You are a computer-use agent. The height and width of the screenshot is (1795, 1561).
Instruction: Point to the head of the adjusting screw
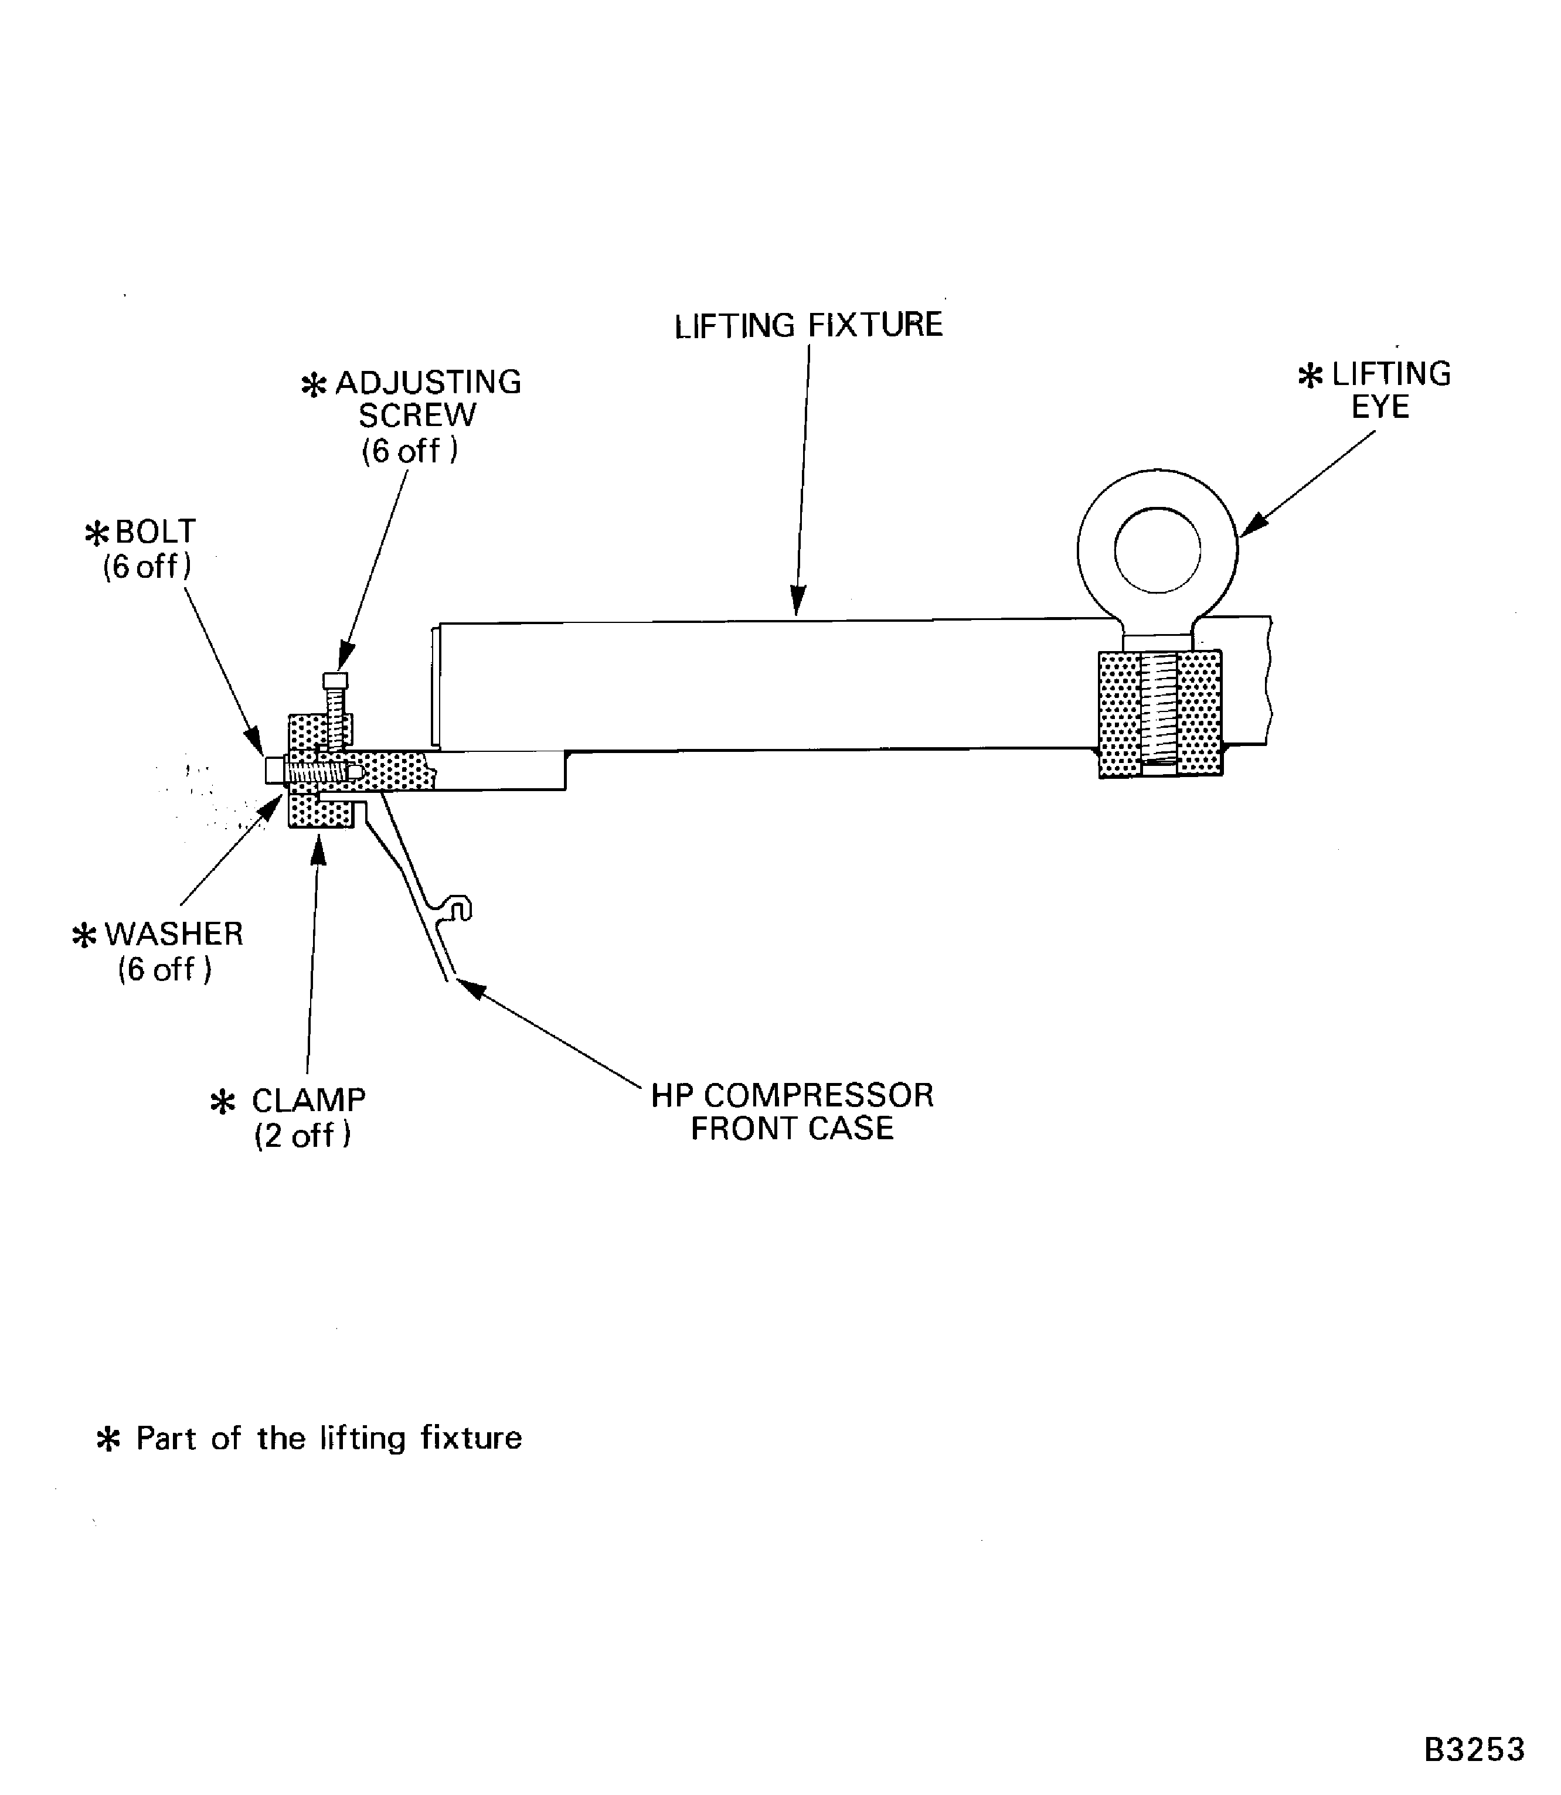pos(335,680)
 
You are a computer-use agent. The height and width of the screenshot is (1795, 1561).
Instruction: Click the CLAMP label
pos(308,1100)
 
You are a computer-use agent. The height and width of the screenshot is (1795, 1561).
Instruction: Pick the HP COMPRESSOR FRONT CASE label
pos(792,1111)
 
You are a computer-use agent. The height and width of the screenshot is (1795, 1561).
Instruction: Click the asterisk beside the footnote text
pos(108,1440)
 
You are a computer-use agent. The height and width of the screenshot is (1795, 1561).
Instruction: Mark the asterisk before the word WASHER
pos(84,936)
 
